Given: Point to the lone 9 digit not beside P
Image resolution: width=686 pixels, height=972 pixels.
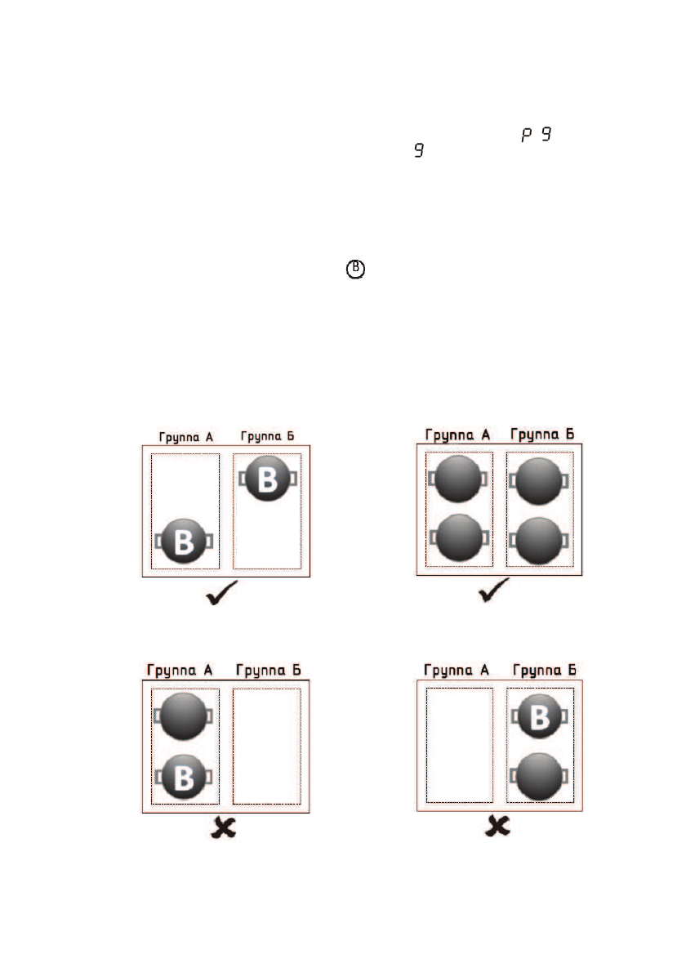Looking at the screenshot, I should (x=419, y=151).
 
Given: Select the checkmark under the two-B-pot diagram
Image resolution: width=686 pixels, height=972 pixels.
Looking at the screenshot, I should (x=221, y=594).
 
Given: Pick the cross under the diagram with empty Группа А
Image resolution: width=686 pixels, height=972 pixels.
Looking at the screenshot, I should (x=497, y=827).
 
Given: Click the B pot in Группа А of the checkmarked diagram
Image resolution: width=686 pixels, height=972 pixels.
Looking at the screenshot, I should (x=185, y=542).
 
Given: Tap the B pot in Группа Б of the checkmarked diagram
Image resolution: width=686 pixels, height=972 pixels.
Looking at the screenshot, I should (x=267, y=479).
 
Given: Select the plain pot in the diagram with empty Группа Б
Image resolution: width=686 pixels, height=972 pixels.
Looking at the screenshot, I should (x=185, y=716).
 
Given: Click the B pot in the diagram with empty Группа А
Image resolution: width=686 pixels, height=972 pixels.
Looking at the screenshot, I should (x=538, y=716).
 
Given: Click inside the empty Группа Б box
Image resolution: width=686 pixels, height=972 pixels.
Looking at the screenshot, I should (x=267, y=746).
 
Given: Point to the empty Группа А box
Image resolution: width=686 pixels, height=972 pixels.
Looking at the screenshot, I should (x=459, y=746).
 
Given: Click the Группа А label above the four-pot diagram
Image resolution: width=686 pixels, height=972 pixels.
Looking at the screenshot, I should (x=458, y=434).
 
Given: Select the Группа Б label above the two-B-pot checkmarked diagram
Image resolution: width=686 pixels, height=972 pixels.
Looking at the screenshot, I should (x=266, y=436).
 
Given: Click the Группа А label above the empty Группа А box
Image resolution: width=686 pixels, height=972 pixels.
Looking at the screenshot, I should (x=457, y=671).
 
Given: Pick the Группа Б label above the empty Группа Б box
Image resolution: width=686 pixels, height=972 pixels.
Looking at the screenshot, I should (x=268, y=671).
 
